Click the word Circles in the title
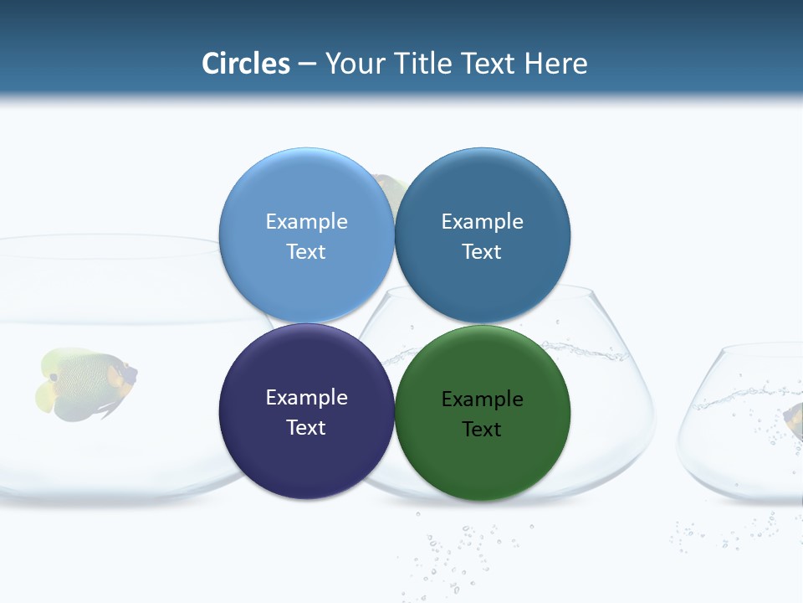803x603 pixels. (x=246, y=63)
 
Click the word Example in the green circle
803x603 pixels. (x=482, y=399)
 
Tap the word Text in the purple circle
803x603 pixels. (x=306, y=428)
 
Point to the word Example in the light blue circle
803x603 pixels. (x=306, y=222)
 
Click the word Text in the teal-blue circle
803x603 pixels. (x=482, y=252)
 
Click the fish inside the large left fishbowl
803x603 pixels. (x=86, y=384)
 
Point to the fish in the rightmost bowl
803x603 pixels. (x=794, y=420)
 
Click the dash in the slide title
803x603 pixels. (x=307, y=64)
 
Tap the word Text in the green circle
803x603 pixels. (x=482, y=430)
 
